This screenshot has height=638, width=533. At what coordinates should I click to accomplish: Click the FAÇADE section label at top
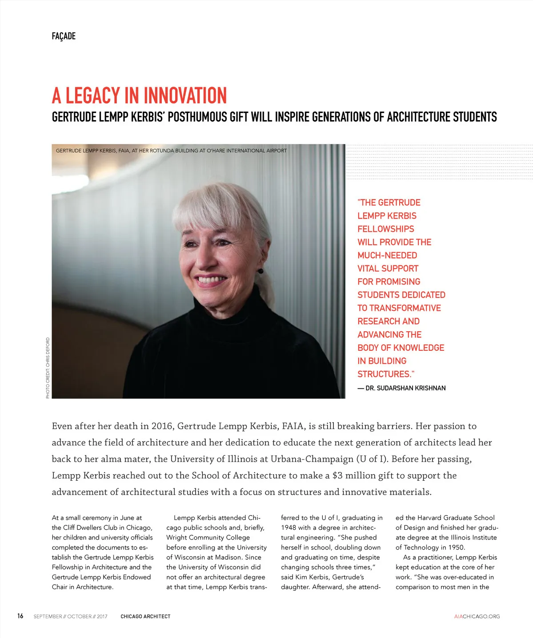[x=64, y=36]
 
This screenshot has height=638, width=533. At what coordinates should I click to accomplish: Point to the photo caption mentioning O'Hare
[x=171, y=150]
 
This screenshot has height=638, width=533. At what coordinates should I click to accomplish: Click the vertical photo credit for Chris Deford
[x=48, y=368]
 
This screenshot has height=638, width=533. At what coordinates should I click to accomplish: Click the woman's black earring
[x=260, y=271]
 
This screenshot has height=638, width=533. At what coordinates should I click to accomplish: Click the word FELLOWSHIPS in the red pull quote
[x=385, y=229]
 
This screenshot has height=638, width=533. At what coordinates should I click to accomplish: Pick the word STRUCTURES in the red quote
[x=384, y=374]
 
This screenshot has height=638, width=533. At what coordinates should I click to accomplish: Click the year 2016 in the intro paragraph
[x=162, y=426]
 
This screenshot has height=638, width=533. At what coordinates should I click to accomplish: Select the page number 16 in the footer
[x=20, y=616]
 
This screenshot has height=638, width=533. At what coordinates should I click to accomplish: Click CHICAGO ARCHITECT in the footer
[x=145, y=617]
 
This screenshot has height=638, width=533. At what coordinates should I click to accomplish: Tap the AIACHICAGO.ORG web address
[x=477, y=617]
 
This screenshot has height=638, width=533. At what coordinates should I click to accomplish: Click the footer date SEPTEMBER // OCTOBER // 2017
[x=70, y=617]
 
